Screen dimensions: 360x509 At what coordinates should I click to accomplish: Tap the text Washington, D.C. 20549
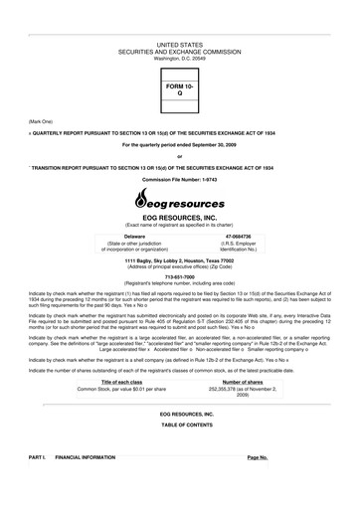[180, 31]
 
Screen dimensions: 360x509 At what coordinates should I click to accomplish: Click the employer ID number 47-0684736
[231, 237]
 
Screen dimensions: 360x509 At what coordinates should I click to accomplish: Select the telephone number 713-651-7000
[180, 276]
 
